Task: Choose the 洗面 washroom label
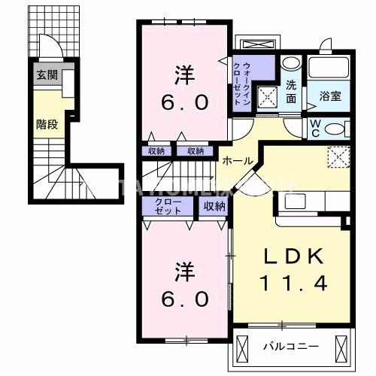click(x=291, y=91)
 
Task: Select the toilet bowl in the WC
click(x=336, y=127)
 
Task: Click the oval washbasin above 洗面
click(x=292, y=65)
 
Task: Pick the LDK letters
click(x=294, y=256)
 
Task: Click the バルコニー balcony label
click(x=290, y=347)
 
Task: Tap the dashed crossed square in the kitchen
click(x=337, y=157)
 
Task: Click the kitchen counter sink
click(x=294, y=202)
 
